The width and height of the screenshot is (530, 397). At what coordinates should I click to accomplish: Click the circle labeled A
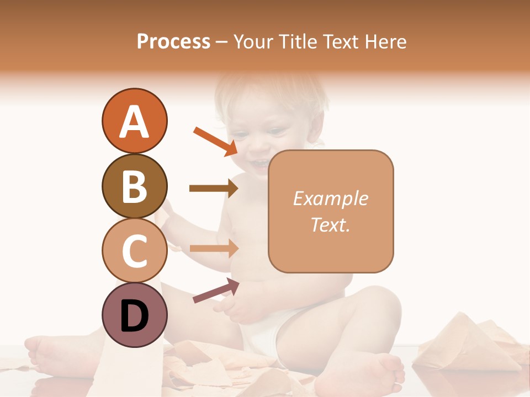(x=134, y=121)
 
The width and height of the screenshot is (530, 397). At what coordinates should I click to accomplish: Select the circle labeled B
(x=134, y=186)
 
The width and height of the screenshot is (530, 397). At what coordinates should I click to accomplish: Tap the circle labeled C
(x=134, y=250)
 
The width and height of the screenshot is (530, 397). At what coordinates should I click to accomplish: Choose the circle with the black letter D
(x=134, y=315)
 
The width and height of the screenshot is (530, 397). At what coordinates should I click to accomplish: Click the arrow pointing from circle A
(x=215, y=141)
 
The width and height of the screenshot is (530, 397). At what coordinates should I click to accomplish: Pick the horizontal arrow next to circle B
(x=213, y=189)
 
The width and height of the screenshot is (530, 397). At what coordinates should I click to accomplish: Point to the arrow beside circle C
(x=213, y=248)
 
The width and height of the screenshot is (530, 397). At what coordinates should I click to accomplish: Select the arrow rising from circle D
(x=216, y=291)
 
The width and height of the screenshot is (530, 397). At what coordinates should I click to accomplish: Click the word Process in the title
(x=173, y=41)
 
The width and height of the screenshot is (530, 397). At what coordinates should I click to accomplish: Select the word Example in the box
(x=330, y=198)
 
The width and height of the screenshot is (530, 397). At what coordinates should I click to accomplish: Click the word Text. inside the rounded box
(x=330, y=224)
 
